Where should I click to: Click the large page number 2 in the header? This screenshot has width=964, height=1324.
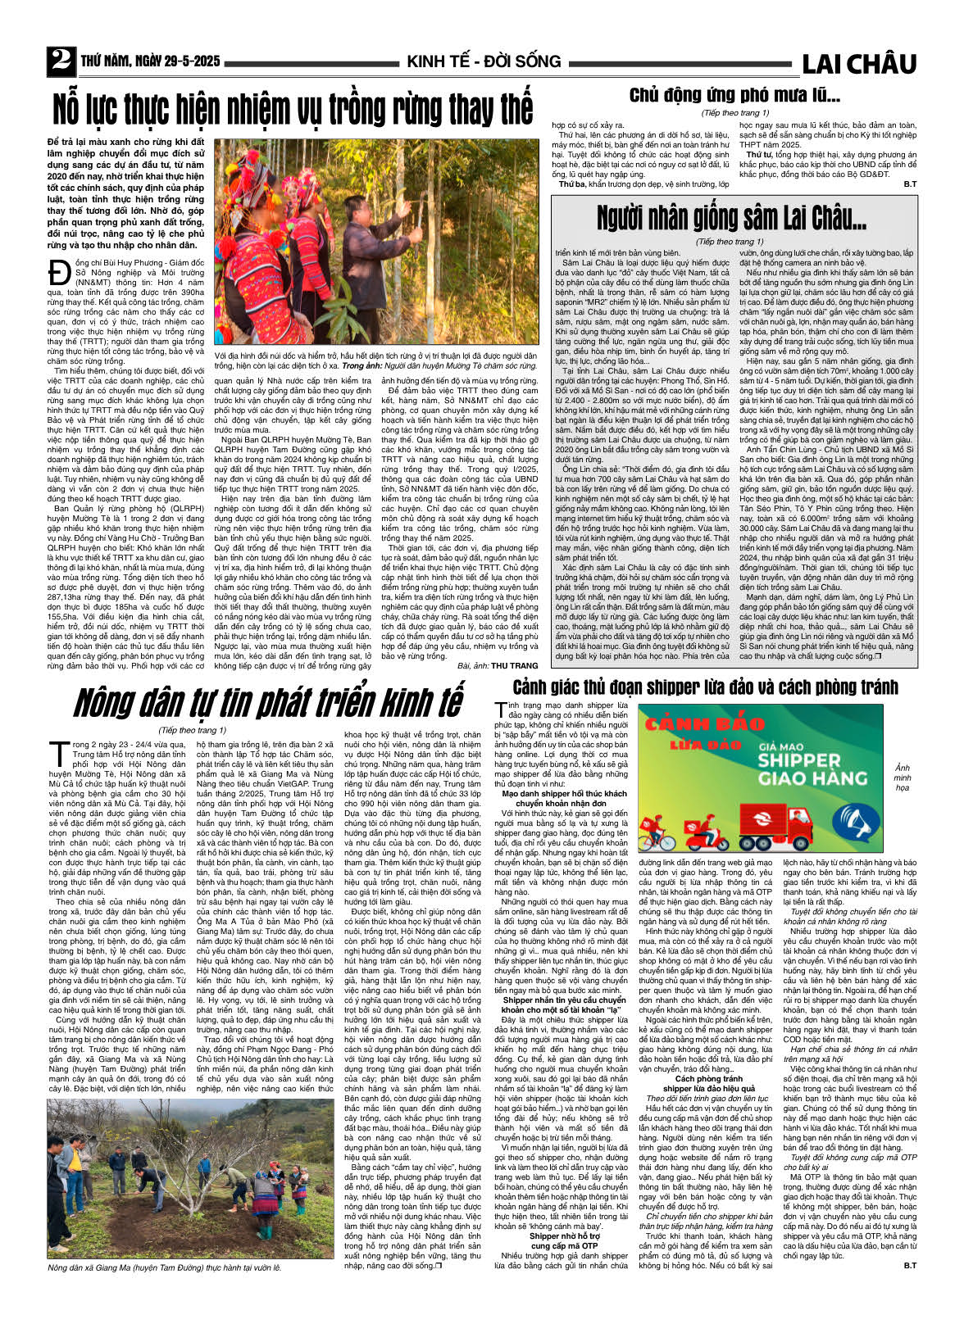(61, 60)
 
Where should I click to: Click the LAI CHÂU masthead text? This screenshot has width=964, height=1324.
(858, 63)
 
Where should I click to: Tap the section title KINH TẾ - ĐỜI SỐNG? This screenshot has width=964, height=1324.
(484, 61)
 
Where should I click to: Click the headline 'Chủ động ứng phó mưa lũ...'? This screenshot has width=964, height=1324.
(734, 95)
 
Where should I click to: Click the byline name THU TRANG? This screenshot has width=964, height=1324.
(515, 665)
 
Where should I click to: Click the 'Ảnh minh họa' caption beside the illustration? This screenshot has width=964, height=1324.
(902, 778)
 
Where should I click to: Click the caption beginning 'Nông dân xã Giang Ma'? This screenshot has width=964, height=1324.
(164, 1267)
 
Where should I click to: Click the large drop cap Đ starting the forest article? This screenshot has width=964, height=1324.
(59, 272)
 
